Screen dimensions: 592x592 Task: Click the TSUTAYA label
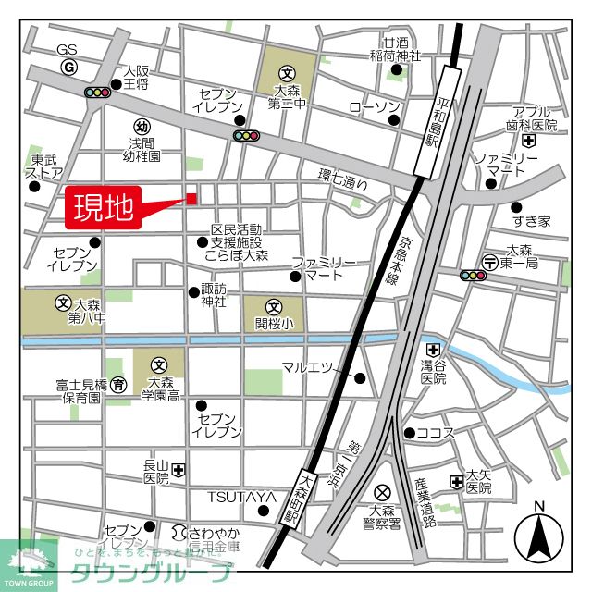point(240,498)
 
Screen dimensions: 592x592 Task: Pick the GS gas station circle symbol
point(68,68)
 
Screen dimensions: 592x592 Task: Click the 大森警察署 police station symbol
point(381,492)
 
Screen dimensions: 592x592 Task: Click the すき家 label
point(532,221)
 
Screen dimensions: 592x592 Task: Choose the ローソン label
point(374,108)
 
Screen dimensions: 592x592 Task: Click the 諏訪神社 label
point(214,295)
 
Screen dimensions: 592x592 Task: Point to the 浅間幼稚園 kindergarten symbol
point(142,127)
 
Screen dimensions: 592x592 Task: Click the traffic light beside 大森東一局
point(474,275)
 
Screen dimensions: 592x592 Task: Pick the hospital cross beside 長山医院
point(179,470)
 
